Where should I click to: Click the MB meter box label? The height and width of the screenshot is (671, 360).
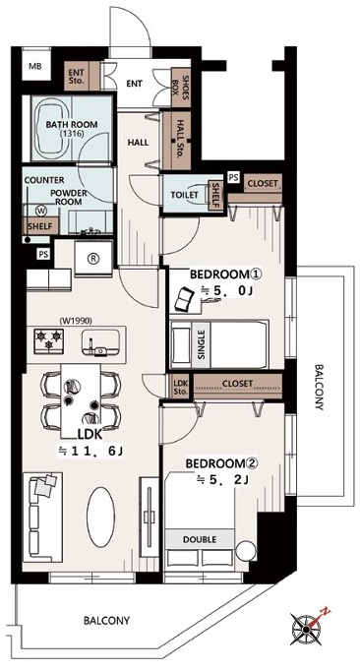pos(35,66)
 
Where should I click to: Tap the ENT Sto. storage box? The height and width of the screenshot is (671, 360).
pos(76,76)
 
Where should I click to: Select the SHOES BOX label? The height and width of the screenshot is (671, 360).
pos(181,88)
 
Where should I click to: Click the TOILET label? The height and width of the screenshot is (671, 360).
pos(185,195)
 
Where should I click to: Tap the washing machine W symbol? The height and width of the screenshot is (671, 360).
pos(42,211)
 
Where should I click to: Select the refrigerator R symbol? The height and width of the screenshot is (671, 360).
pos(93,259)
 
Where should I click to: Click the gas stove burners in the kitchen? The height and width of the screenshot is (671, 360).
pos(49,340)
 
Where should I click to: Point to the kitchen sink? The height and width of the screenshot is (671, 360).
pos(101,342)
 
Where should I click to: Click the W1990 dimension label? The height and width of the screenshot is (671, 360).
pos(76,319)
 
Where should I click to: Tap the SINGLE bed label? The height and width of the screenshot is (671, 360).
pos(202,345)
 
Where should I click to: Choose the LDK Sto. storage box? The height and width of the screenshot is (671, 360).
pos(179,386)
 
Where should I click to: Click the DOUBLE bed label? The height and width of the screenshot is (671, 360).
pos(200,539)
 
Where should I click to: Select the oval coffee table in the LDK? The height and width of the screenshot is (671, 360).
pos(101,518)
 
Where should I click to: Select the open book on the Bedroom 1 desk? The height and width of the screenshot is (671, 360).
pos(185,298)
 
